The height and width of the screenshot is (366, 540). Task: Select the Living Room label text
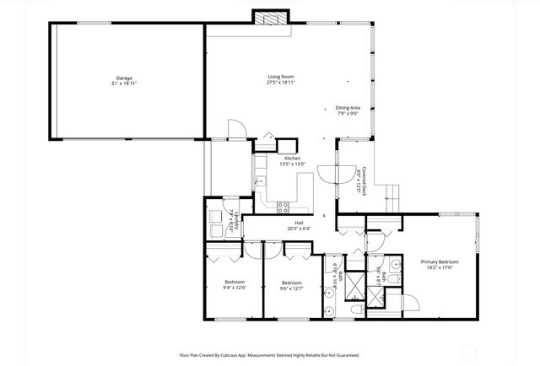(x=282, y=78)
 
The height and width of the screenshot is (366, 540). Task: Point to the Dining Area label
(x=348, y=107)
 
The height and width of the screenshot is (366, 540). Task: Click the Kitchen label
(x=292, y=159)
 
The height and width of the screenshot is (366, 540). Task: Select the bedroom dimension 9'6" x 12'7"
(x=291, y=288)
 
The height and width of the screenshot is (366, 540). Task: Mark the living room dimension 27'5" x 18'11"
(x=282, y=83)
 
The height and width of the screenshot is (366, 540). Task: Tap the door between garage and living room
(x=238, y=129)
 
